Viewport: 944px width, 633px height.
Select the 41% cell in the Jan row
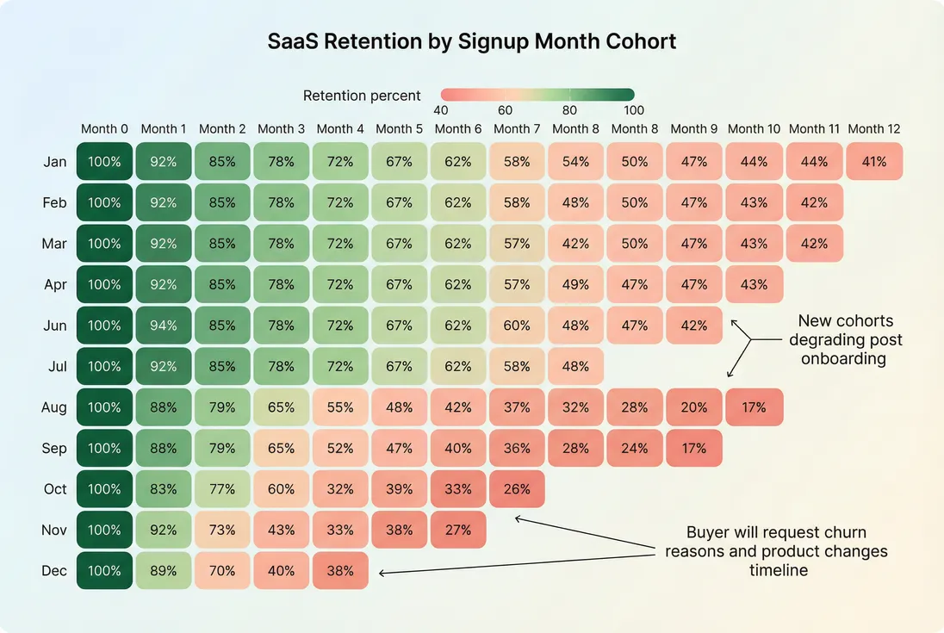click(874, 161)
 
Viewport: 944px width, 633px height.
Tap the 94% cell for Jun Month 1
click(164, 326)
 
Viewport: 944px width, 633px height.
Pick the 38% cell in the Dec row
click(340, 570)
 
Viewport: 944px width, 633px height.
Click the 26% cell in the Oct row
click(517, 488)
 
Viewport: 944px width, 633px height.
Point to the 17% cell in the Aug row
click(754, 407)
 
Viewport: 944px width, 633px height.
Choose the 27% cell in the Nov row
click(457, 530)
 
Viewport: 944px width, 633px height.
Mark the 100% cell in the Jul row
click(104, 366)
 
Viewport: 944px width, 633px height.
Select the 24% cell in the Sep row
click(635, 448)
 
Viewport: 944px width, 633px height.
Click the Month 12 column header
click(874, 129)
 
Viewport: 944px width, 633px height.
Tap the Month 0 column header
click(104, 129)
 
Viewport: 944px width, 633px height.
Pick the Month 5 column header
click(399, 129)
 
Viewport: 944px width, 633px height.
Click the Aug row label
click(54, 407)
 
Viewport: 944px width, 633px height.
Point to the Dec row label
click(54, 570)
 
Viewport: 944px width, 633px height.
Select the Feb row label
click(54, 202)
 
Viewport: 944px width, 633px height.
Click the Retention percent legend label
click(362, 96)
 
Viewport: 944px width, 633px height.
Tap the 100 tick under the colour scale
click(634, 110)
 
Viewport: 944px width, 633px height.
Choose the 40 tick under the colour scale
click(440, 110)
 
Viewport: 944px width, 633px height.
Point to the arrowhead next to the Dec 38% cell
click(382, 572)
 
